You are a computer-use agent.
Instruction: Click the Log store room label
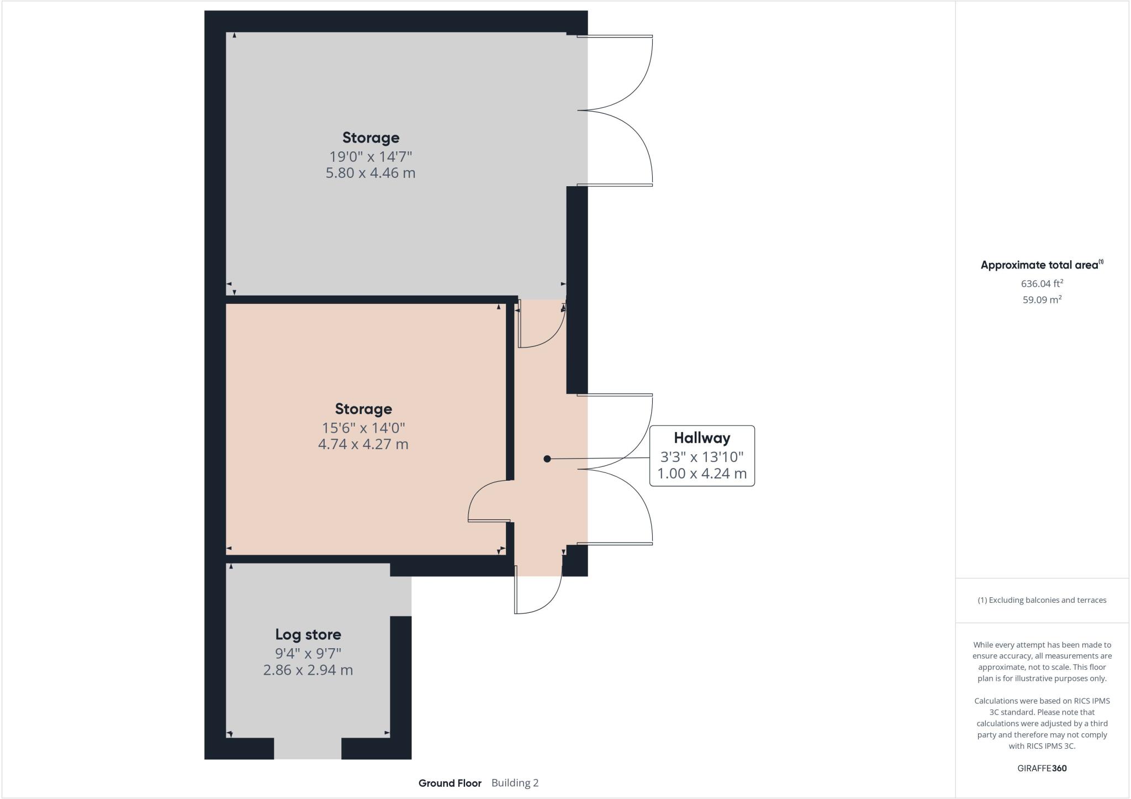point(308,634)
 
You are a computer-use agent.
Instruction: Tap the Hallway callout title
point(702,438)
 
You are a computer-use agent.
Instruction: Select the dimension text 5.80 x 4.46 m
point(370,173)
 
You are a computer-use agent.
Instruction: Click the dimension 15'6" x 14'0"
point(363,428)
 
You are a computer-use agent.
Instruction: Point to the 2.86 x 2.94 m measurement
point(308,670)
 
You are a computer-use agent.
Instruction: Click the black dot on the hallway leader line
point(547,459)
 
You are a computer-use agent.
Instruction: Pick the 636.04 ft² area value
point(1042,283)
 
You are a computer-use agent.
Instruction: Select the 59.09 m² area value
point(1042,300)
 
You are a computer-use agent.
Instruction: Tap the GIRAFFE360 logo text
point(1042,768)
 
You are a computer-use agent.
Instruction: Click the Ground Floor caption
point(450,783)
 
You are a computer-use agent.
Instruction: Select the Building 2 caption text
point(515,783)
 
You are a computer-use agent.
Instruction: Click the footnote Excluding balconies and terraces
point(1042,600)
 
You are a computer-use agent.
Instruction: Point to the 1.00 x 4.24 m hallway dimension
point(702,474)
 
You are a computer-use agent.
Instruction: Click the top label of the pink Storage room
point(363,409)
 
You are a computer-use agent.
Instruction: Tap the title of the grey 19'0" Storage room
point(370,138)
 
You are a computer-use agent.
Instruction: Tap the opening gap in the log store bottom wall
point(308,749)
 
